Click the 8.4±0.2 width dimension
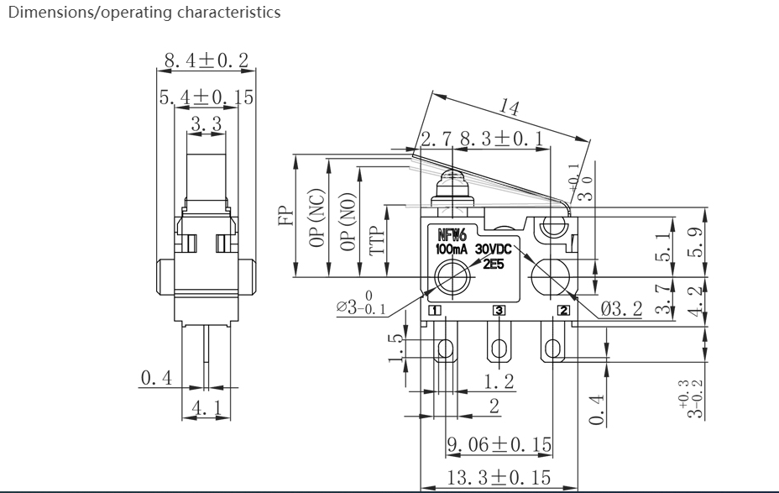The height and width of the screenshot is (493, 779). [207, 60]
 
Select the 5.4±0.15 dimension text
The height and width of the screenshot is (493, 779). [207, 97]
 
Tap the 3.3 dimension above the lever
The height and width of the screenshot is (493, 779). [207, 123]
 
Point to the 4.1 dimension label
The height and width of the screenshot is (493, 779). [207, 408]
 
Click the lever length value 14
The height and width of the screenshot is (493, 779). [510, 107]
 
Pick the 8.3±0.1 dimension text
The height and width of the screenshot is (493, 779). [502, 139]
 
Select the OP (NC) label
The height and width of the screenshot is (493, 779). [316, 218]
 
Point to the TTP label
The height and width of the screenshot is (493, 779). [378, 240]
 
